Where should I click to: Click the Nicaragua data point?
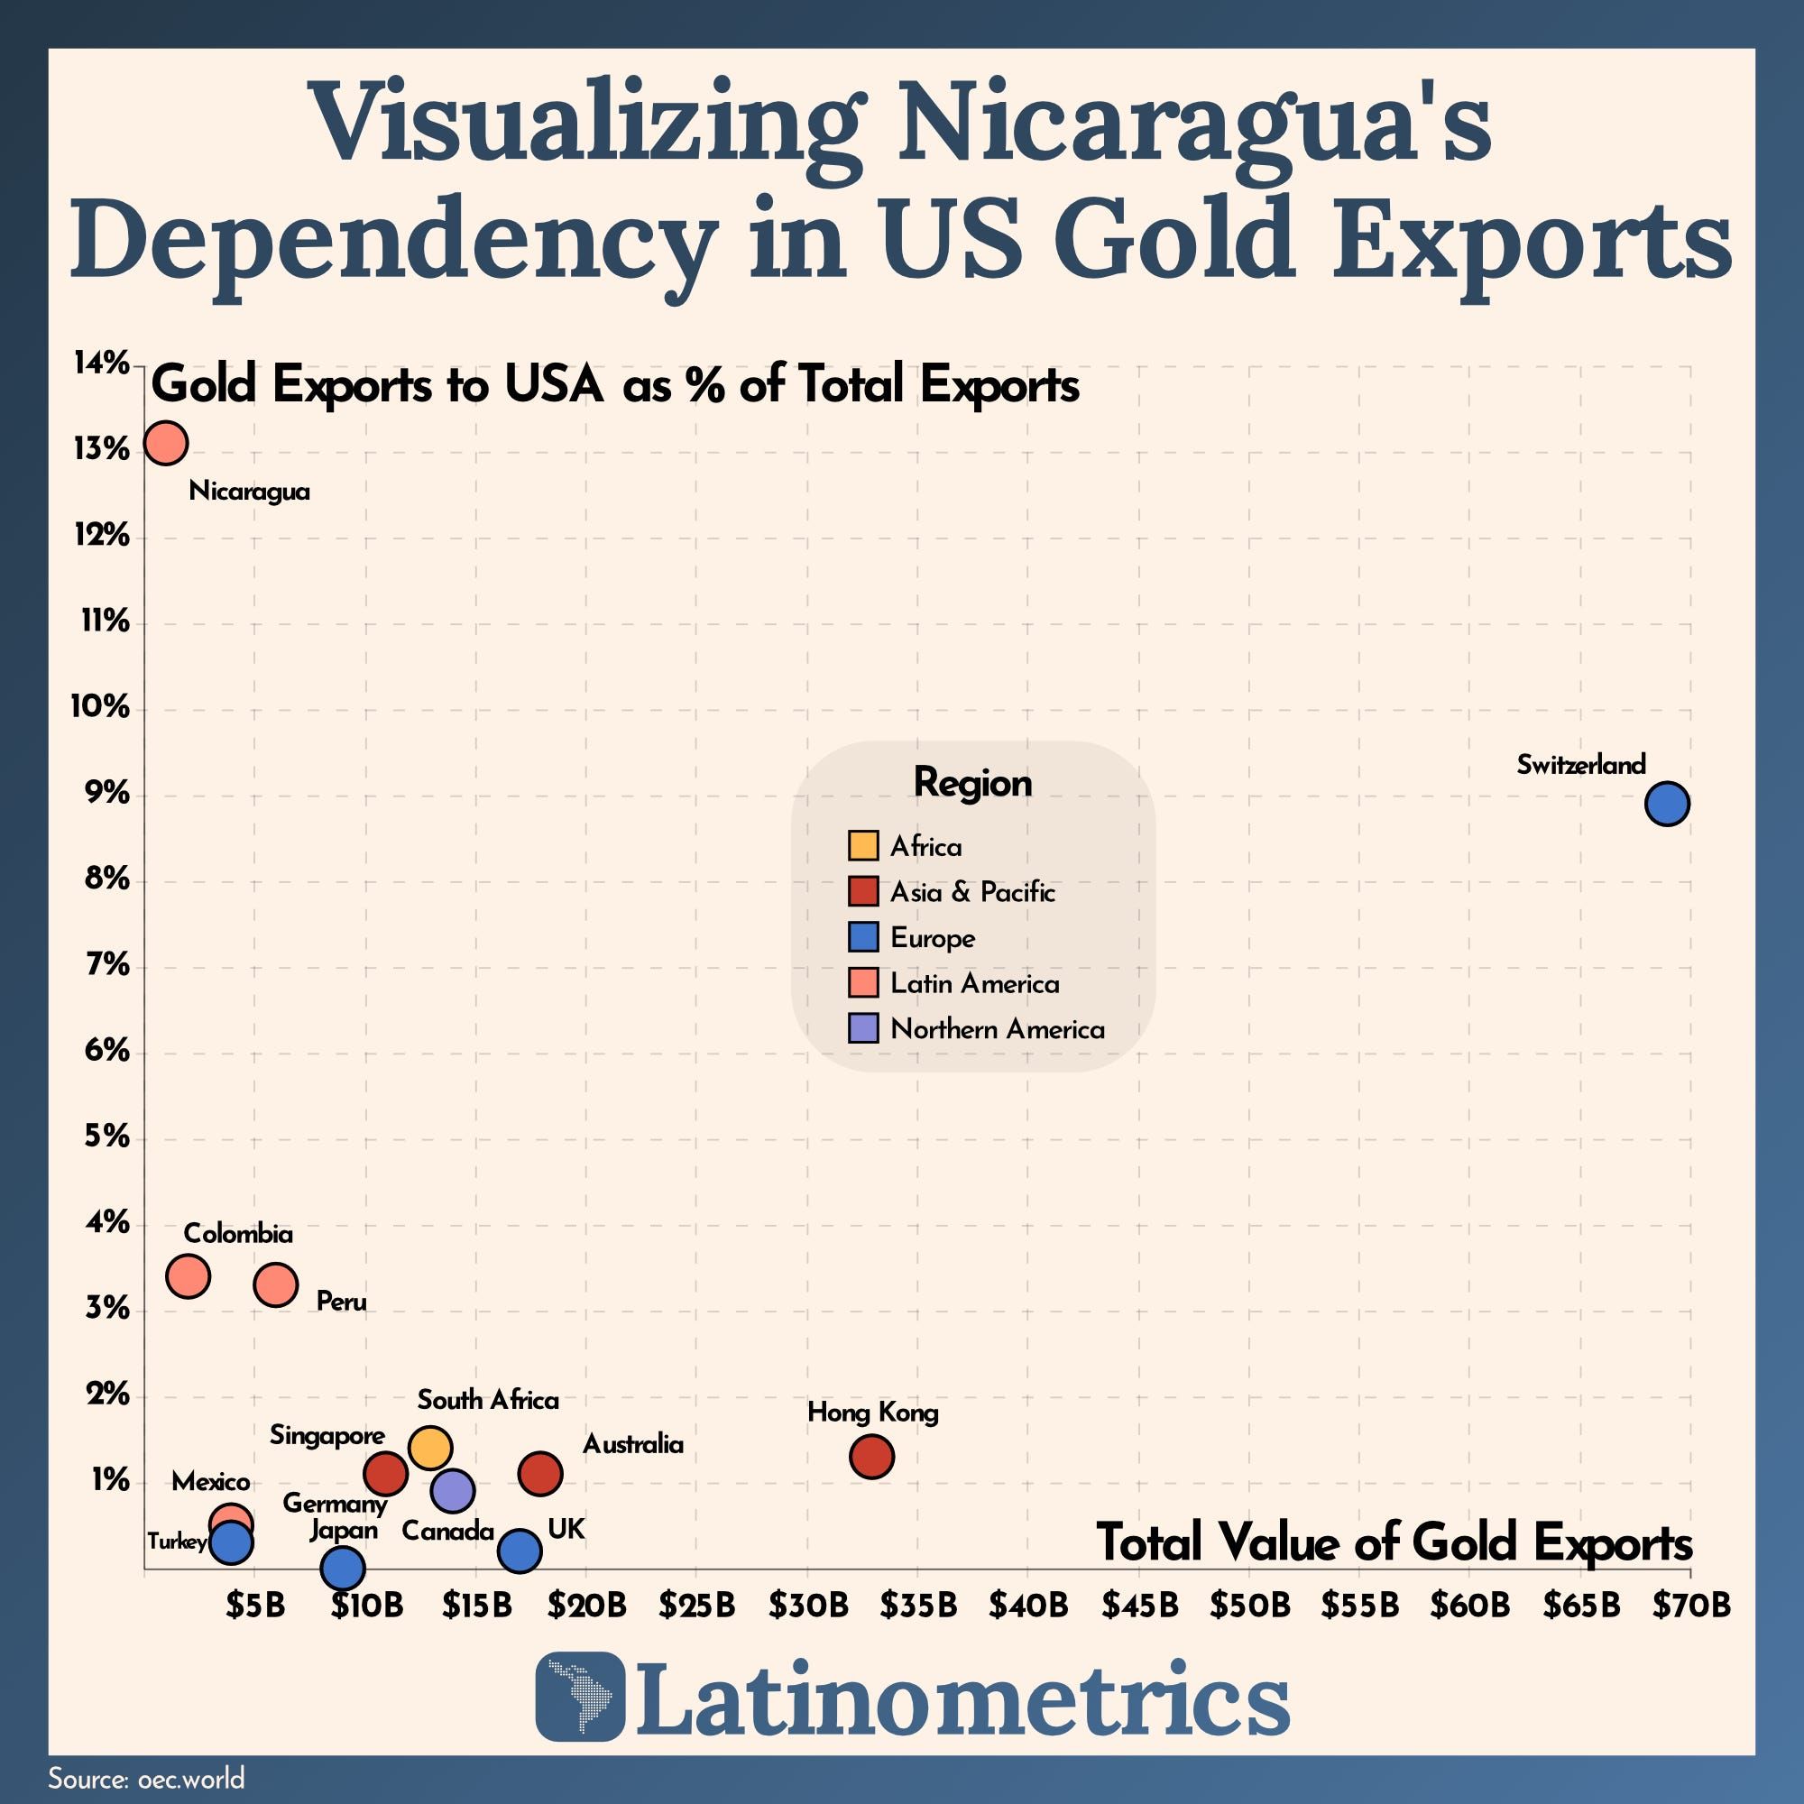pyautogui.click(x=166, y=443)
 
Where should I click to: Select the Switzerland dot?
pyautogui.click(x=1667, y=804)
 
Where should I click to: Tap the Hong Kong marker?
pyautogui.click(x=871, y=1455)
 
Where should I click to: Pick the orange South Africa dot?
pyautogui.click(x=429, y=1448)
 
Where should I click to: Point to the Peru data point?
pyautogui.click(x=275, y=1284)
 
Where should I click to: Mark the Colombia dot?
pyautogui.click(x=188, y=1275)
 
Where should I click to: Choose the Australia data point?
pyautogui.click(x=539, y=1474)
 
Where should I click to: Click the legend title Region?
pyautogui.click(x=972, y=782)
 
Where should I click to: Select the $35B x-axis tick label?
pyautogui.click(x=918, y=1606)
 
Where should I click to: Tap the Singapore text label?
pyautogui.click(x=327, y=1434)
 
